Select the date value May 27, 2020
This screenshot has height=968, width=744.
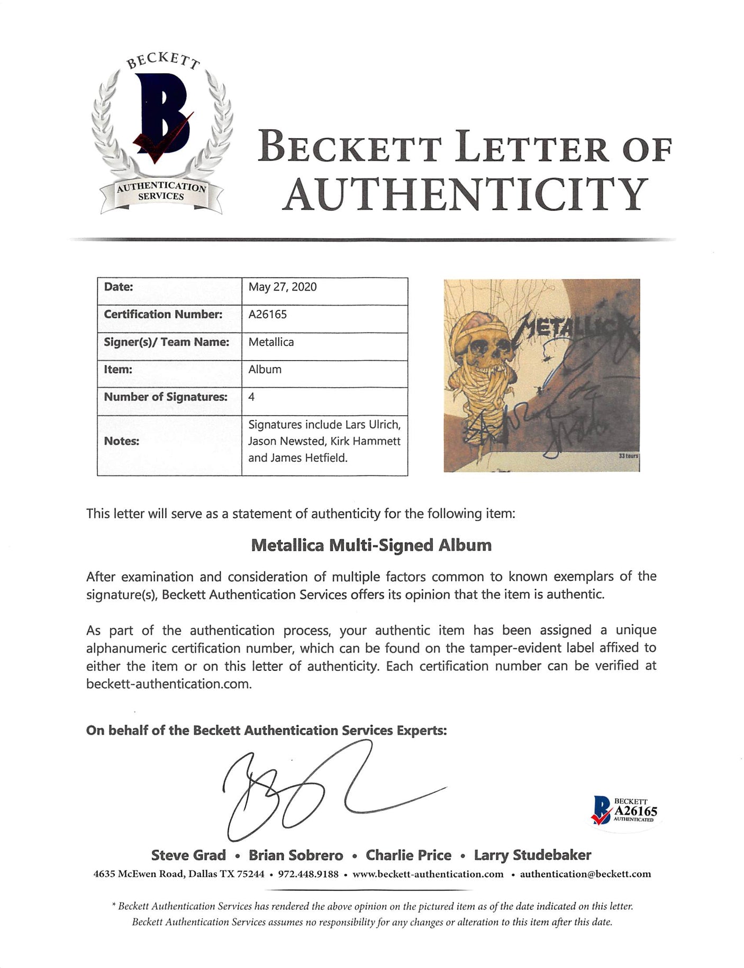[283, 287]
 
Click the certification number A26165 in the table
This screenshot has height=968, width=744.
[268, 315]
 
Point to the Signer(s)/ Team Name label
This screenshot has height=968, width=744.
[167, 342]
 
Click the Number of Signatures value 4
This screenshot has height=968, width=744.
[251, 397]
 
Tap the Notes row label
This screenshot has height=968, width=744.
[122, 441]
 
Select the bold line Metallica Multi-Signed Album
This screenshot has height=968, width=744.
[371, 545]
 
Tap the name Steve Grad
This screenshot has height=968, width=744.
[188, 855]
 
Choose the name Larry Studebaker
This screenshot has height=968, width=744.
[532, 855]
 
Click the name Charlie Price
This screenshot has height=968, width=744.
[409, 855]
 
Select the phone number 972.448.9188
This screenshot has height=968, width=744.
[306, 874]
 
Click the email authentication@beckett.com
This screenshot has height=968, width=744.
[585, 874]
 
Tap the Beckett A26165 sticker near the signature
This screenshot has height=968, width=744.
[624, 811]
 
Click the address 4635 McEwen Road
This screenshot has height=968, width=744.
[138, 874]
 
